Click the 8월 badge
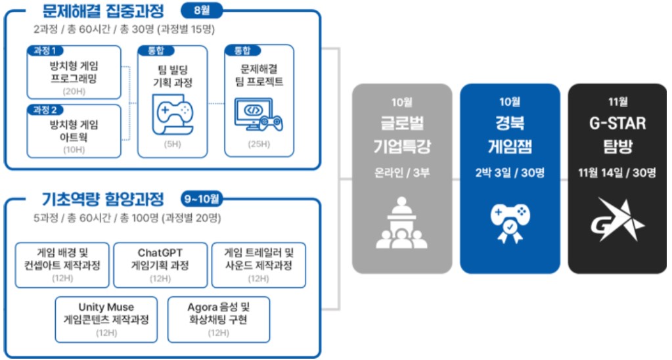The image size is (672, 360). click(202, 11)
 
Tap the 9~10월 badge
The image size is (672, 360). click(202, 199)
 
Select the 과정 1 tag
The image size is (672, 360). click(45, 51)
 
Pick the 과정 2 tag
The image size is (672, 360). click(45, 110)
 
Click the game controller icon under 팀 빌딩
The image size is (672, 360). click(173, 114)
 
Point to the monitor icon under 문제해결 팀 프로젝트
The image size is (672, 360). click(258, 115)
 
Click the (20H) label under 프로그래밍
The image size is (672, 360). click(74, 91)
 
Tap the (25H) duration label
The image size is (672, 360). click(259, 144)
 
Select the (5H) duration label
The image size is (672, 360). click(172, 144)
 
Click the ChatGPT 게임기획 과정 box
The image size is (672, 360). click(160, 265)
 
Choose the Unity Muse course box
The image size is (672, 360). click(106, 320)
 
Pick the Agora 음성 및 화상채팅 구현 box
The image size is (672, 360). click(219, 320)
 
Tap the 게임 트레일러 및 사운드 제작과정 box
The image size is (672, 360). click(258, 265)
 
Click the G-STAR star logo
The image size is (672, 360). click(617, 219)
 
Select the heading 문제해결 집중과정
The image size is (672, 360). click(103, 11)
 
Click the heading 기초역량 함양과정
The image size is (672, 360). click(103, 199)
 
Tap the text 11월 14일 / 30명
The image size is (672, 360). click(617, 173)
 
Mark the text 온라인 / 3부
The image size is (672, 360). click(401, 173)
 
